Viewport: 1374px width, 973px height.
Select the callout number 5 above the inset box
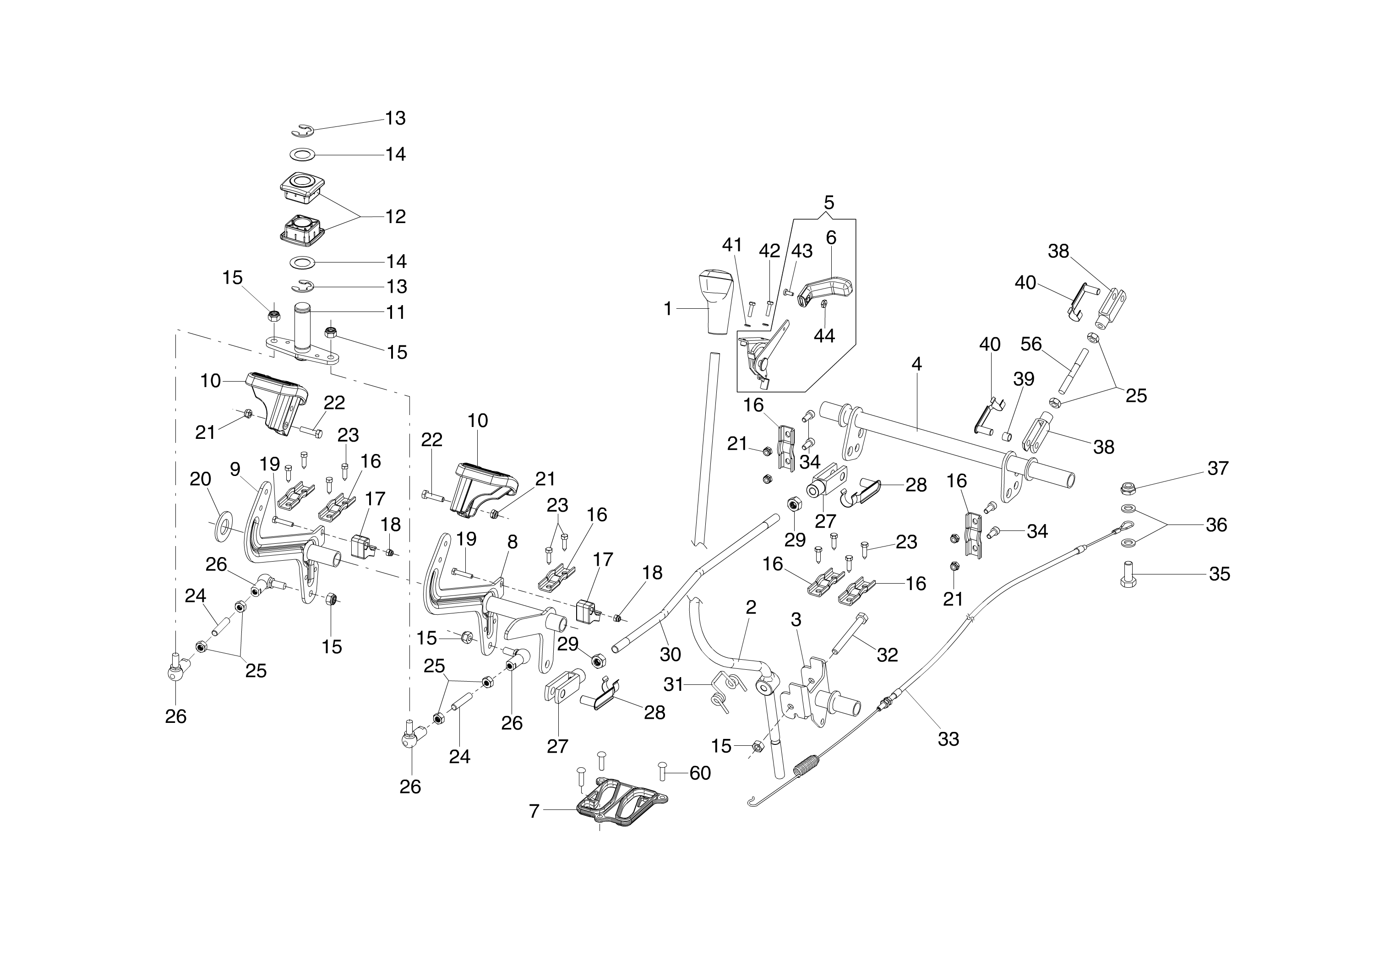(829, 202)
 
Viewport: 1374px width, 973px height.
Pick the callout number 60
(700, 773)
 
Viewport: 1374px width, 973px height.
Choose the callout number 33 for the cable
(948, 739)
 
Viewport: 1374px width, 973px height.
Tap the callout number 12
(395, 216)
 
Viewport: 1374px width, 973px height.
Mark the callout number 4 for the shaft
(916, 364)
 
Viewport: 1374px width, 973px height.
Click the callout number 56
(1031, 344)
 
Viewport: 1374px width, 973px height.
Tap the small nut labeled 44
(824, 304)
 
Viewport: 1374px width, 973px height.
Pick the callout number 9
(235, 469)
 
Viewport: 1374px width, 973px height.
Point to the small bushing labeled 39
(1007, 436)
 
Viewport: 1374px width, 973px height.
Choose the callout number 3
(796, 619)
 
